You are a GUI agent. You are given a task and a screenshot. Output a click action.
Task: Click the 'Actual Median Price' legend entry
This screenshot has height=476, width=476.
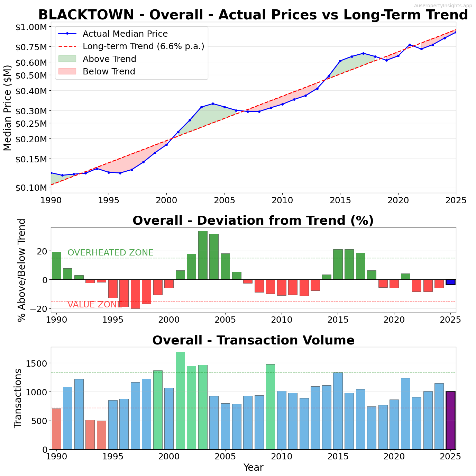coord(125,34)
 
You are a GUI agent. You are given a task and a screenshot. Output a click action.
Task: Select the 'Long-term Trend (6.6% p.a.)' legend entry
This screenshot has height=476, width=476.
coord(143,46)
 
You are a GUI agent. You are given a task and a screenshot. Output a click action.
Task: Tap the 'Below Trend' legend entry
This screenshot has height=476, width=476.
coord(109,71)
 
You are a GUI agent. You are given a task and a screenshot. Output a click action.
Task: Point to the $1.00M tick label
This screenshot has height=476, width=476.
coord(31,27)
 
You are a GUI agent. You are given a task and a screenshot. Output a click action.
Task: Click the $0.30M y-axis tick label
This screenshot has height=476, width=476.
coord(31,111)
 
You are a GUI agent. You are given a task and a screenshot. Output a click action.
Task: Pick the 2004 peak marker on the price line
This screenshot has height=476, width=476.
coord(213,104)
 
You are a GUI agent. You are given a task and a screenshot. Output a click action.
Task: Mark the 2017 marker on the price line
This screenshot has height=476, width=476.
coord(363,53)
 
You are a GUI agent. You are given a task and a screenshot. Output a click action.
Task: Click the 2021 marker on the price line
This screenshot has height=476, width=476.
coord(410,45)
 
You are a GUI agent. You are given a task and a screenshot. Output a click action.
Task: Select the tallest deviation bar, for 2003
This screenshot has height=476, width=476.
coord(203,255)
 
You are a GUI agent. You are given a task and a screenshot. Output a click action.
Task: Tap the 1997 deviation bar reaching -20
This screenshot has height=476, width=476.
coord(135,294)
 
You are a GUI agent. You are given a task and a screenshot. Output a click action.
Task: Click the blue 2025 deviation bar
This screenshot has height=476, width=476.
coord(450,282)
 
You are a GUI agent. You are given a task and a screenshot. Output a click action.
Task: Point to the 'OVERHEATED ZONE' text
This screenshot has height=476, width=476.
coord(110,253)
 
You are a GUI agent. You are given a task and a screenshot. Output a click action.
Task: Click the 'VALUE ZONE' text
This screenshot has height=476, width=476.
coord(94,305)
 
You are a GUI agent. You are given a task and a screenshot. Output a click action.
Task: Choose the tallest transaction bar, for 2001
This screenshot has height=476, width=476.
coord(180,401)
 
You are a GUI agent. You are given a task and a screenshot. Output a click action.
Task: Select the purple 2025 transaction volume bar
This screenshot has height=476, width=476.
coord(450,420)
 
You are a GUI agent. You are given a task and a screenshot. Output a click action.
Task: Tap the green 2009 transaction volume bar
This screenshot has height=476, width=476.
coord(270,407)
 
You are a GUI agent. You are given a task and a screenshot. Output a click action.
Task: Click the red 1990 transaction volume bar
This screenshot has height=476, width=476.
coord(56,429)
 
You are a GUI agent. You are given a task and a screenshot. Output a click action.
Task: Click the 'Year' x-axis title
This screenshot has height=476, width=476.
coord(253,468)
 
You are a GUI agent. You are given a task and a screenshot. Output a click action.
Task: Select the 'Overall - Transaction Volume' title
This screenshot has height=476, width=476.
coord(253,340)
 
